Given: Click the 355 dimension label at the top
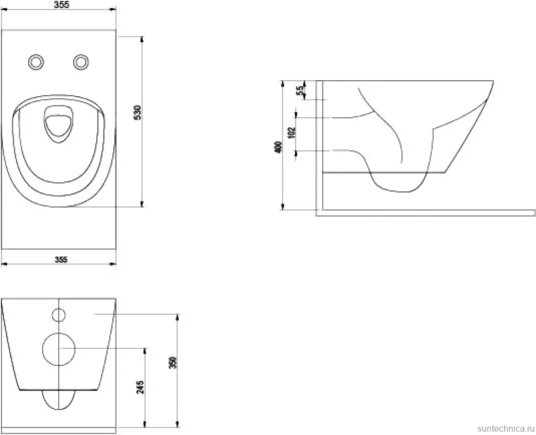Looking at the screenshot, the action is [x=61, y=4].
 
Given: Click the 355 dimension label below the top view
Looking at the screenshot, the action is [x=61, y=259].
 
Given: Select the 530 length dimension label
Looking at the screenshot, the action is [x=137, y=112].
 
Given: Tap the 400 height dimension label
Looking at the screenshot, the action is [x=278, y=147].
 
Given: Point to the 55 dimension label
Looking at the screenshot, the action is [x=300, y=91].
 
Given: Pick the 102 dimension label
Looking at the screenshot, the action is [x=292, y=132].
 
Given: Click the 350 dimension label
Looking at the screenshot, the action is [x=173, y=363].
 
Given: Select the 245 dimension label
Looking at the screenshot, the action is [x=140, y=387].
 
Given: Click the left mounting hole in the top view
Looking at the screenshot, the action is [x=36, y=62].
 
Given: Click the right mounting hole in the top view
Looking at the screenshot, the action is [x=81, y=62].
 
